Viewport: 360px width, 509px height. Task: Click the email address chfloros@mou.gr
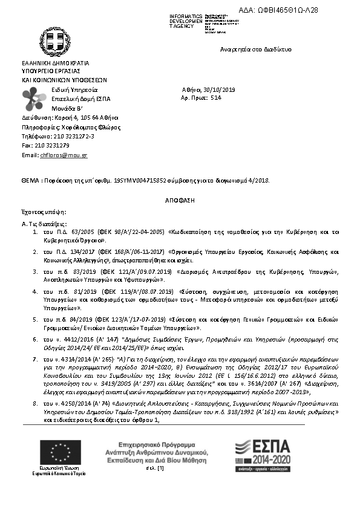click(64, 155)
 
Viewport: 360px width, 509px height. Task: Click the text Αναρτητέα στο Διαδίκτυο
click(256, 49)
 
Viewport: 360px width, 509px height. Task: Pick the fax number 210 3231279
click(53, 146)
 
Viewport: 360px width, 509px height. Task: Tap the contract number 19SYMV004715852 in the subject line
click(140, 180)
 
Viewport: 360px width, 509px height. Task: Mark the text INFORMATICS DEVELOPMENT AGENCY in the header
click(185, 21)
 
